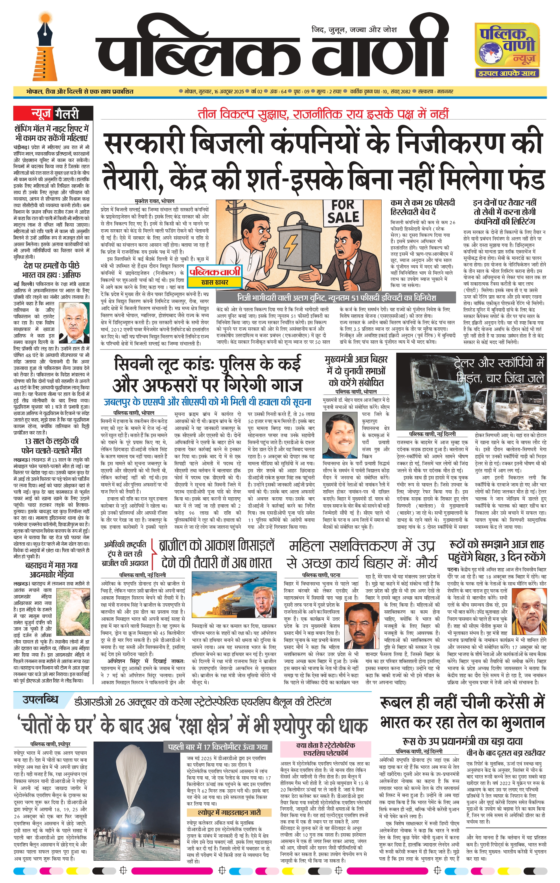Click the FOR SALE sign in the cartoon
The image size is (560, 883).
point(343,212)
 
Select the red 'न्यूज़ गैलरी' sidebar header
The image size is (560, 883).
point(53,114)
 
